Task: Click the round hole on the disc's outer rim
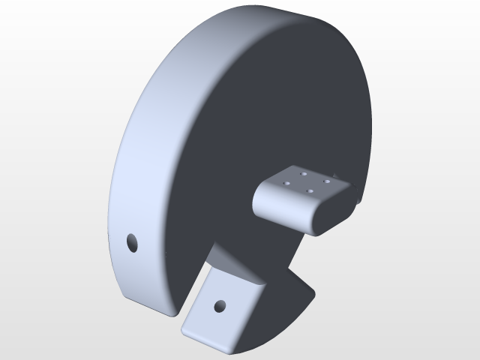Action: tap(132, 242)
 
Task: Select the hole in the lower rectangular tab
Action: tap(220, 306)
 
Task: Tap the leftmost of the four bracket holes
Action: tap(286, 182)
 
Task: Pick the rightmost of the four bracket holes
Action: tap(327, 181)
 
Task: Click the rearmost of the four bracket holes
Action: tap(304, 174)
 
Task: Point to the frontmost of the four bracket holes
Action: tap(309, 190)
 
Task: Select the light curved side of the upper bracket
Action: tap(281, 207)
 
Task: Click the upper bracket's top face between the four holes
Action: tap(306, 182)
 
